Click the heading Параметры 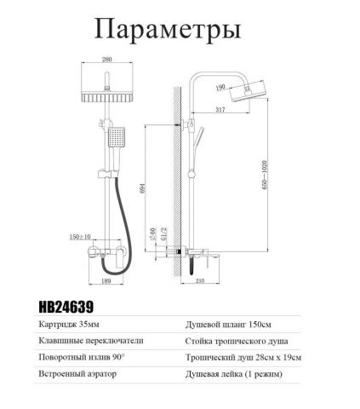tap(168, 30)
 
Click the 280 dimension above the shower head tap(106, 60)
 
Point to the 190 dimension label tap(220, 87)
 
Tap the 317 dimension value tap(220, 109)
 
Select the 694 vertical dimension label tap(143, 188)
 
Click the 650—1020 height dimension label tap(265, 176)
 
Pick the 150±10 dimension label tap(80, 237)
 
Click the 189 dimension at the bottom tap(106, 281)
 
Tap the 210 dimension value tap(200, 281)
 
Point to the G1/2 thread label tap(164, 234)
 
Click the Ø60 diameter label tap(153, 234)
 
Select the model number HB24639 tap(66, 307)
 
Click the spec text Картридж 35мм tap(69, 325)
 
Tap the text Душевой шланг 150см tap(228, 325)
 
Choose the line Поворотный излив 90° tap(82, 357)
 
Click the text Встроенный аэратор tap(77, 374)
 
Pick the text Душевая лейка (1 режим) tap(234, 374)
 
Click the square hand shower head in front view tap(117, 137)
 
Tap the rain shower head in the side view tap(249, 93)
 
